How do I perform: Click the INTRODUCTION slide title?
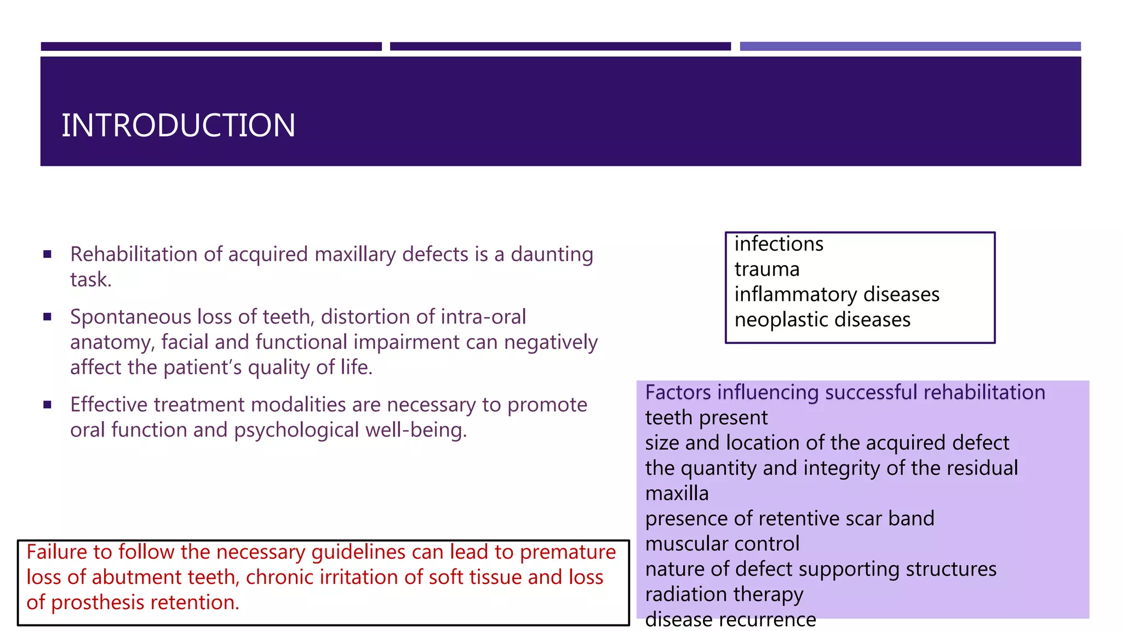pyautogui.click(x=178, y=125)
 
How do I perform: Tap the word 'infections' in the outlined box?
pyautogui.click(x=778, y=244)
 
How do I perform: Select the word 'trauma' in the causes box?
pyautogui.click(x=766, y=269)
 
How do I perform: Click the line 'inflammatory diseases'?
pyautogui.click(x=837, y=295)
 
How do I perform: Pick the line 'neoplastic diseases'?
pyautogui.click(x=822, y=320)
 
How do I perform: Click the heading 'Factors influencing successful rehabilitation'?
pyautogui.click(x=845, y=393)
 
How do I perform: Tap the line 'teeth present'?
pyautogui.click(x=706, y=418)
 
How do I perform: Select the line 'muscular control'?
pyautogui.click(x=722, y=544)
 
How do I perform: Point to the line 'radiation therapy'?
pyautogui.click(x=724, y=594)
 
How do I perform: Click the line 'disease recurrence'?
pyautogui.click(x=730, y=619)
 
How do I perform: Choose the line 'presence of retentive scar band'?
pyautogui.click(x=789, y=519)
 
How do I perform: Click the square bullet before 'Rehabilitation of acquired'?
pyautogui.click(x=48, y=254)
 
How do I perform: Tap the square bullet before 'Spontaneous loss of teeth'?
pyautogui.click(x=48, y=317)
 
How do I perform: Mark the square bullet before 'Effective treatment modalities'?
pyautogui.click(x=48, y=405)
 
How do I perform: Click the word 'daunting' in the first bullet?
pyautogui.click(x=552, y=255)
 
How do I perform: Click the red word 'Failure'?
pyautogui.click(x=56, y=552)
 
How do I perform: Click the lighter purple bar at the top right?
pyautogui.click(x=910, y=47)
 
